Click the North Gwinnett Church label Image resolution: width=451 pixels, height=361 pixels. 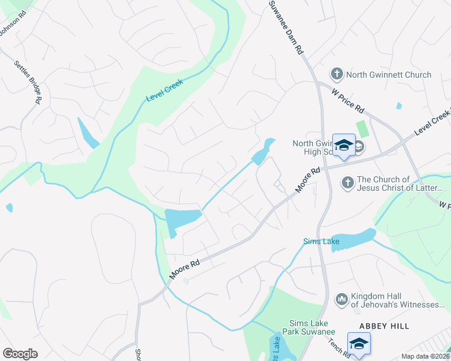(389, 75)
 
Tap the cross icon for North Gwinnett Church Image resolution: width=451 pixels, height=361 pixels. (336, 75)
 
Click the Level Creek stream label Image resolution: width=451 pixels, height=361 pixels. (164, 90)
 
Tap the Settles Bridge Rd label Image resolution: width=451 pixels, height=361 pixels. (27, 81)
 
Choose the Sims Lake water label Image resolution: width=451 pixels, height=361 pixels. (321, 242)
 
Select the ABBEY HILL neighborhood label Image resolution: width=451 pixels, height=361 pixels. (384, 326)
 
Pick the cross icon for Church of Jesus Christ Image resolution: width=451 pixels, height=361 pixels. (347, 182)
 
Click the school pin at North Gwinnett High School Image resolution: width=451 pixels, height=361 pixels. (344, 146)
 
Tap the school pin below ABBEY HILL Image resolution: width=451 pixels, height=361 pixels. (359, 344)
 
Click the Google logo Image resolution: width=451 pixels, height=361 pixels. (20, 354)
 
